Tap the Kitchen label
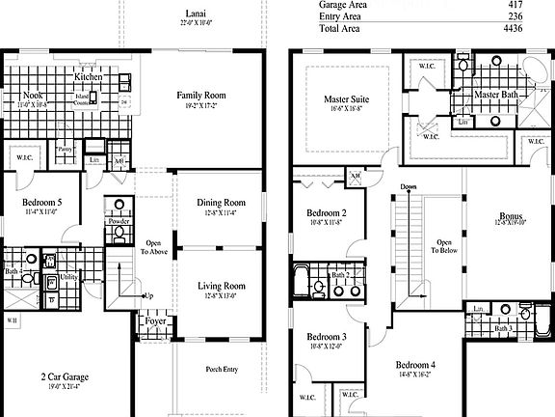(89, 76)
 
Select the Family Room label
(200, 95)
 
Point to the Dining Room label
(222, 203)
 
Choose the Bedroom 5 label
(42, 202)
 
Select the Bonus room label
(511, 216)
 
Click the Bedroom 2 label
(327, 212)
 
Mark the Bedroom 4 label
(415, 364)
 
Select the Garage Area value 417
(531, 5)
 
